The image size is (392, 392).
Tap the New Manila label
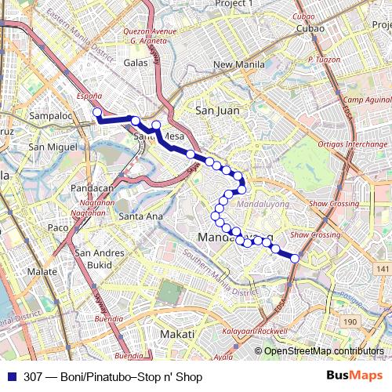[x=235, y=65]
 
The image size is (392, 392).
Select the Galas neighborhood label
[x=136, y=62]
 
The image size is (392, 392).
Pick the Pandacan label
[x=92, y=189]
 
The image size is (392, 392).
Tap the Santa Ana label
[x=142, y=216]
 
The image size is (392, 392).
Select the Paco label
[x=59, y=227]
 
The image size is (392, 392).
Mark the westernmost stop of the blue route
[x=97, y=113]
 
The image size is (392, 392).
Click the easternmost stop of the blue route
[x=295, y=257]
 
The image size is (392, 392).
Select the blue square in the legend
[x=8, y=377]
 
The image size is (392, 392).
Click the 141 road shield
[x=381, y=270]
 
